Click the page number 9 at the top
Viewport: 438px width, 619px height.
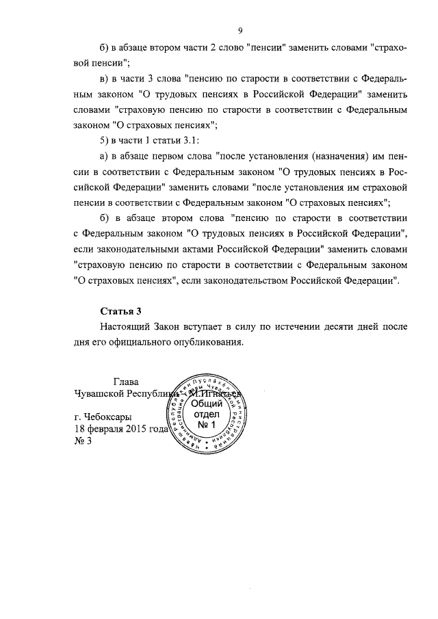point(241,29)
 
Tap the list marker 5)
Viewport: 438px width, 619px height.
point(105,140)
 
